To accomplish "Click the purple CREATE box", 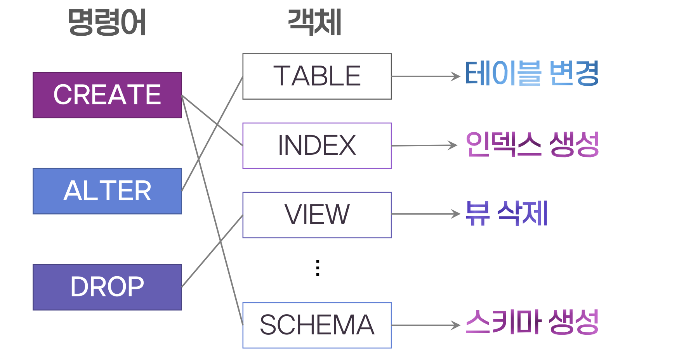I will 107,95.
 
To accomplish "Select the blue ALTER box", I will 107,191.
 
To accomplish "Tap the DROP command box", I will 107,287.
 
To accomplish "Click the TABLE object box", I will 317,76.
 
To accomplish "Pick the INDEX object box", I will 317,146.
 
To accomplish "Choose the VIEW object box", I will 317,215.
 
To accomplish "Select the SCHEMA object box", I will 317,325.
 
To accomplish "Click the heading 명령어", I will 107,22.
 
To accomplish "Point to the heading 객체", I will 314,22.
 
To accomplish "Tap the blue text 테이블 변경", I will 531,73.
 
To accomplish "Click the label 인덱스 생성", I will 532,144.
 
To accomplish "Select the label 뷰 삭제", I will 506,213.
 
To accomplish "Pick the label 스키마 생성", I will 532,322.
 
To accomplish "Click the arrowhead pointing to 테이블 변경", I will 456,76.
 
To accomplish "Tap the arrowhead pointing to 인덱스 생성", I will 453,145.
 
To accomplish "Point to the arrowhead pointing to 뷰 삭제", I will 456,214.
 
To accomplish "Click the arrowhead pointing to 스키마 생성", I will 456,325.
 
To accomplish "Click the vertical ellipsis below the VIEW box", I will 318,268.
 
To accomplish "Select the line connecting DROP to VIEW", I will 212,251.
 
